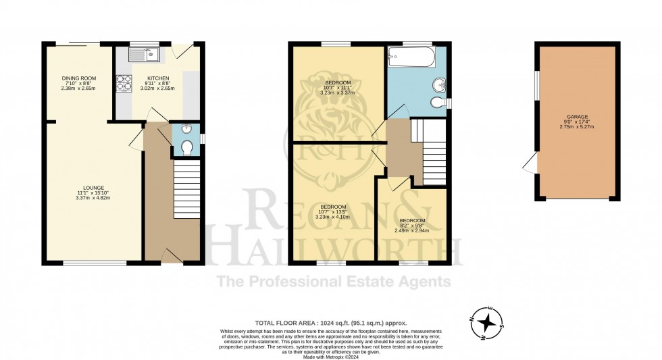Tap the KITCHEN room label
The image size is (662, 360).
click(157, 78)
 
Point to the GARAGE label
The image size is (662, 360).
click(576, 115)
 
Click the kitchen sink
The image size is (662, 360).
click(144, 53)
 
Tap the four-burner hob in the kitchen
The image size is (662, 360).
click(124, 83)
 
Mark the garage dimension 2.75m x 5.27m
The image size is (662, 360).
click(576, 127)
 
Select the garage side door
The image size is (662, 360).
click(531, 162)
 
